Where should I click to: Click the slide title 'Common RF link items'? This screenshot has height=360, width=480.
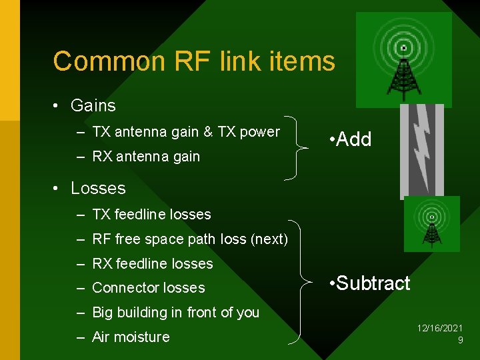coord(193,61)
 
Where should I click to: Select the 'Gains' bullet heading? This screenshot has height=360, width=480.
coord(93,105)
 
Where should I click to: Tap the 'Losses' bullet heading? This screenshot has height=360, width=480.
coord(98,188)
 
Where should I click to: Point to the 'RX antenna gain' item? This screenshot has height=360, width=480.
coord(145,157)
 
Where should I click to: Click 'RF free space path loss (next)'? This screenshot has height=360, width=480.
coord(189,239)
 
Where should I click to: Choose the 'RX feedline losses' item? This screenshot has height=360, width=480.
coord(152,263)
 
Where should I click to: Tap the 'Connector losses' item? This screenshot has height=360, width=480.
coord(148,288)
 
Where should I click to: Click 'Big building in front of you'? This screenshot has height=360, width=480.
coord(175,312)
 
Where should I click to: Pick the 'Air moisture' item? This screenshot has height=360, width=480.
coord(131,337)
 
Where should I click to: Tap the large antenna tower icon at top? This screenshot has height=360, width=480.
coord(403,60)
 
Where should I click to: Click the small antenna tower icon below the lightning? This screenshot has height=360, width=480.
coord(431,223)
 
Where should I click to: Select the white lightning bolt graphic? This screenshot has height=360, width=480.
coord(421,150)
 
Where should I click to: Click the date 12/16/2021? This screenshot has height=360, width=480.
coord(440,329)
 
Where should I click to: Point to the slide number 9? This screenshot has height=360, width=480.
coord(460,340)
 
